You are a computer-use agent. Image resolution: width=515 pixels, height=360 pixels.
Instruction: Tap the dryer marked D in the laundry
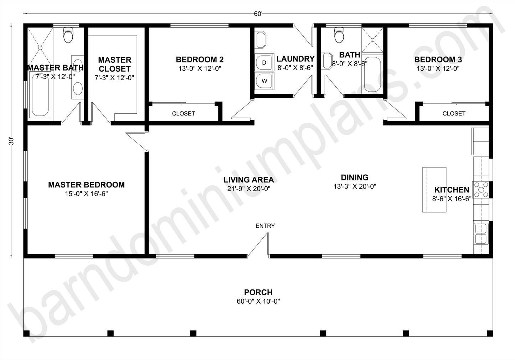[264, 62]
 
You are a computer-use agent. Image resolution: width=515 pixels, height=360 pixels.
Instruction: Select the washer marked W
[264, 81]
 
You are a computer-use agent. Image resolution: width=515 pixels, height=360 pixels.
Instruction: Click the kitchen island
[434, 190]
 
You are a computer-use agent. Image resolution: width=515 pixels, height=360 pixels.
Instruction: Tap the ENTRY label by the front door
[265, 226]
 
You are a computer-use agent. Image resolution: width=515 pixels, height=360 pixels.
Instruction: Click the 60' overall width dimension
[258, 14]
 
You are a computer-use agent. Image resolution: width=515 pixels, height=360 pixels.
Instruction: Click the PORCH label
[258, 292]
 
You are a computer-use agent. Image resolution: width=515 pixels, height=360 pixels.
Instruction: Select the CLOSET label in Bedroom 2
[184, 113]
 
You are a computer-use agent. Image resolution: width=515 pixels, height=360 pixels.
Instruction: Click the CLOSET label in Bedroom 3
[454, 113]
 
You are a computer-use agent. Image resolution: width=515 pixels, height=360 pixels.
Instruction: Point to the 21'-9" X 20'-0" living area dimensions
[249, 189]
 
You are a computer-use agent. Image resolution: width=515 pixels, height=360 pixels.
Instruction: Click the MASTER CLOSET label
[115, 64]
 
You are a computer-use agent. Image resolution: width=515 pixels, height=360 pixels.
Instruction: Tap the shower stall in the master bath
[40, 46]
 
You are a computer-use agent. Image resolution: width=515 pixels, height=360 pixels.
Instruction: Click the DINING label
[354, 177]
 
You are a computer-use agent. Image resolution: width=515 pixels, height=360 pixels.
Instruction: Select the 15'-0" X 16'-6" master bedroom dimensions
[86, 194]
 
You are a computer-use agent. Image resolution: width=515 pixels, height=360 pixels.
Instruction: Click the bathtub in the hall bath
[372, 75]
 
